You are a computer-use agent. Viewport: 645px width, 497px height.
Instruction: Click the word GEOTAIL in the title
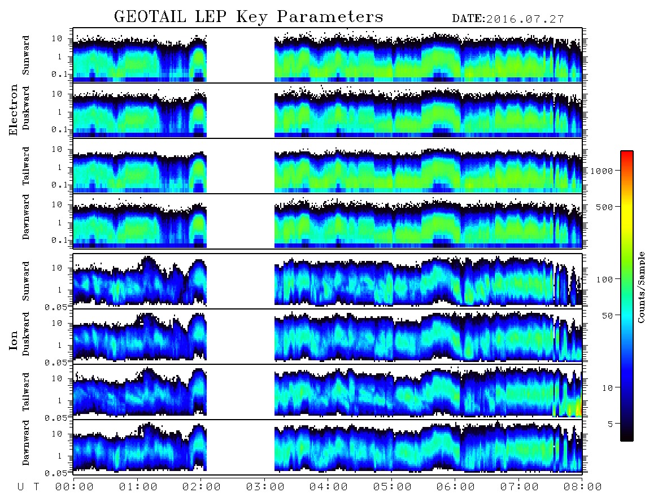click(x=150, y=17)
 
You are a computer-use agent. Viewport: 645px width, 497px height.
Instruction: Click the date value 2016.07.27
click(x=525, y=19)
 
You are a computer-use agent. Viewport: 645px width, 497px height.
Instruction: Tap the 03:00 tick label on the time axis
click(x=265, y=487)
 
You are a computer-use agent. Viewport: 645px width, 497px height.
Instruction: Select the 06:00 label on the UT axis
click(x=455, y=487)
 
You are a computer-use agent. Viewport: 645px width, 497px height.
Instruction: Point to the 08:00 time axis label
click(x=582, y=487)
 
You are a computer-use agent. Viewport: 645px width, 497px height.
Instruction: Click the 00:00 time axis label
click(x=75, y=487)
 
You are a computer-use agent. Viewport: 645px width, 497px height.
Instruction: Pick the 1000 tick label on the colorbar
click(x=602, y=171)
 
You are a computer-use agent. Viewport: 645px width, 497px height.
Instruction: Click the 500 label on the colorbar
click(x=605, y=207)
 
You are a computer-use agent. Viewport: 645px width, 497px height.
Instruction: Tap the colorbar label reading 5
click(x=611, y=424)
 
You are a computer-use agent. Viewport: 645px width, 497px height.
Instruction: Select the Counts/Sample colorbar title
click(x=640, y=287)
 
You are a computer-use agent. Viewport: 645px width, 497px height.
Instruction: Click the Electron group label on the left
click(x=14, y=110)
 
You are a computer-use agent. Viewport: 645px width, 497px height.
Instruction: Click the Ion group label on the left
click(x=14, y=340)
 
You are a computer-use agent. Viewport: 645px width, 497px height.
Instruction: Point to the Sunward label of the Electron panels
click(x=26, y=55)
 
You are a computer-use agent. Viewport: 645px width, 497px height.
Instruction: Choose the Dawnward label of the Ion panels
click(x=26, y=442)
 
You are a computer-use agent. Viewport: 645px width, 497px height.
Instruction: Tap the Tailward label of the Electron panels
click(x=26, y=165)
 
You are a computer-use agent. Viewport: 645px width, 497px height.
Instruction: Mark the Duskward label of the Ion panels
click(x=26, y=334)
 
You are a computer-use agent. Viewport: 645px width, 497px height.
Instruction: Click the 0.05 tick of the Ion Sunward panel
click(x=62, y=307)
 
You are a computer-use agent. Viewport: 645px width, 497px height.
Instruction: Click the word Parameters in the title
click(x=330, y=17)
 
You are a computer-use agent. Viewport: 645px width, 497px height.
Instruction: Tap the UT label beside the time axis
click(x=28, y=487)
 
